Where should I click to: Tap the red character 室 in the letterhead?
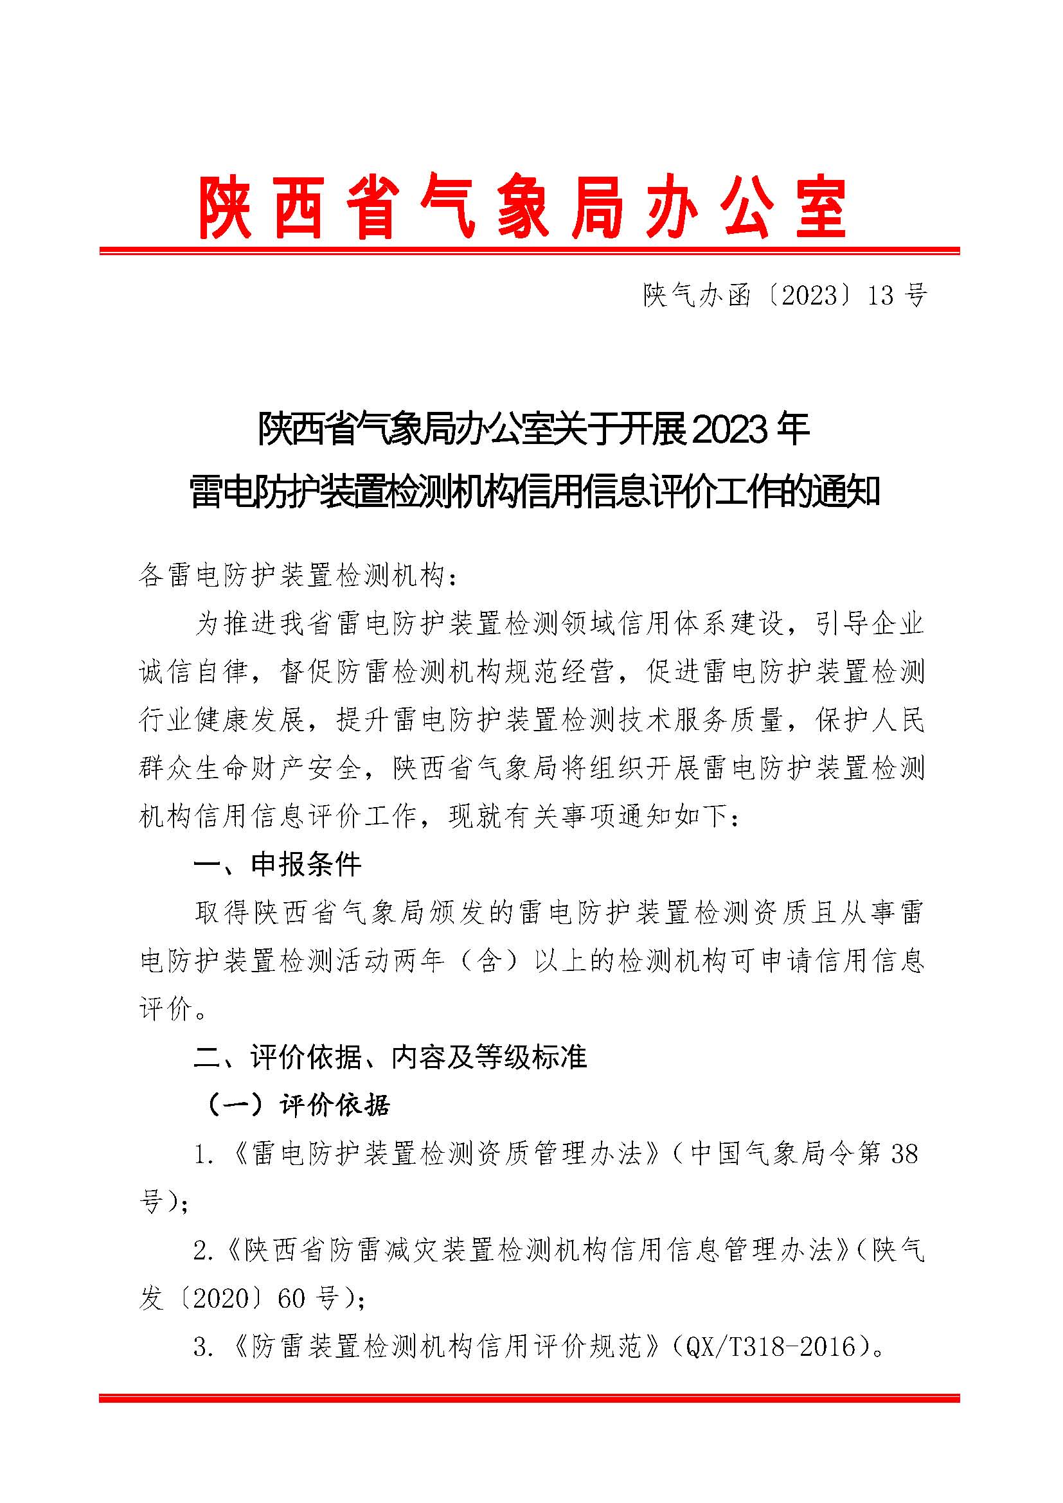822,207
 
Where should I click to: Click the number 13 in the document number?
880,296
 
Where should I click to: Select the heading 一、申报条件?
278,865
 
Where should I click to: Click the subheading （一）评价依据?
298,1106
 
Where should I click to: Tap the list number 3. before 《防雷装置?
204,1347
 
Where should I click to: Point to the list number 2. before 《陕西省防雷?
204,1251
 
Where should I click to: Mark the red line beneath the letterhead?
530,251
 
